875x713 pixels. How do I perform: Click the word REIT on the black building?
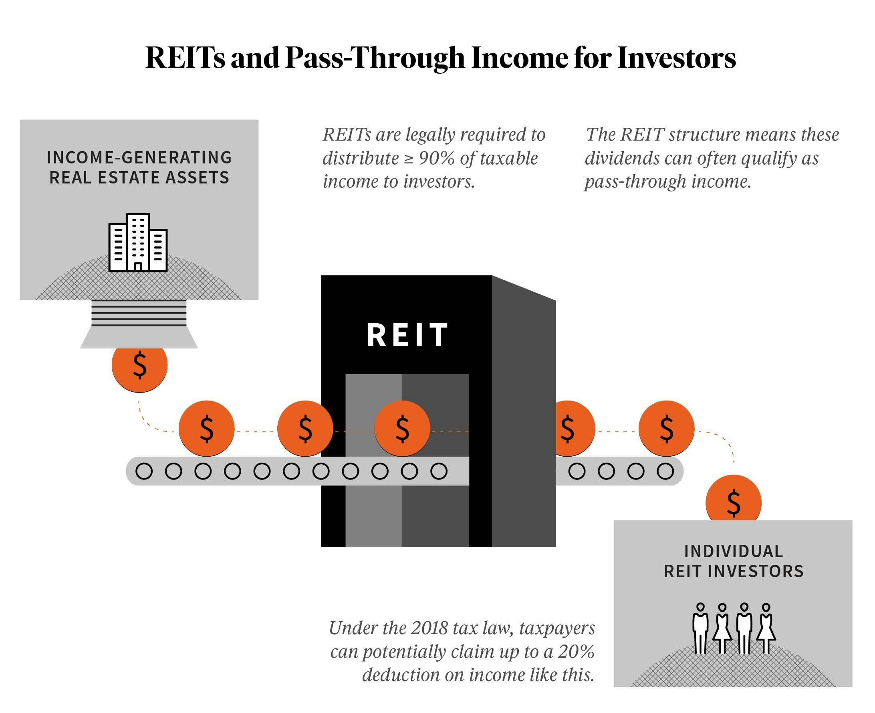tap(407, 335)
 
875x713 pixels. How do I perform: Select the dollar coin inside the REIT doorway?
tap(402, 428)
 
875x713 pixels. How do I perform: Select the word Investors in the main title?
tap(676, 58)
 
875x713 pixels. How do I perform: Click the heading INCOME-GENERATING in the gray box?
tap(139, 158)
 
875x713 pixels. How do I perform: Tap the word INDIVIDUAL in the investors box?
tap(733, 551)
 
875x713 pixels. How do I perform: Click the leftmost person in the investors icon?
tap(700, 628)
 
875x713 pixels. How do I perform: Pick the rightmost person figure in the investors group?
tap(766, 628)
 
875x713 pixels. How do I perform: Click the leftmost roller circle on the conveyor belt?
tap(144, 471)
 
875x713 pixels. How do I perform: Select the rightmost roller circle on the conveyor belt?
tap(665, 471)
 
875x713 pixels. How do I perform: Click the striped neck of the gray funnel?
tap(139, 313)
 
